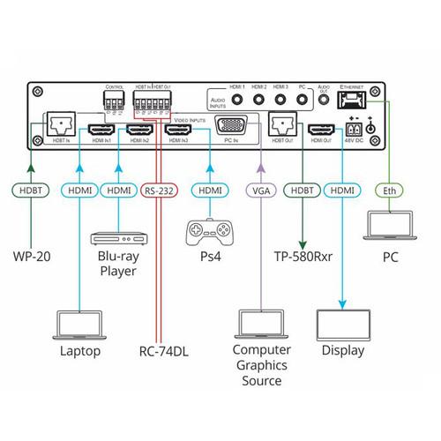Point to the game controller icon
tap(210, 234)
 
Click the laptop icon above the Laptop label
tap(80, 323)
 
